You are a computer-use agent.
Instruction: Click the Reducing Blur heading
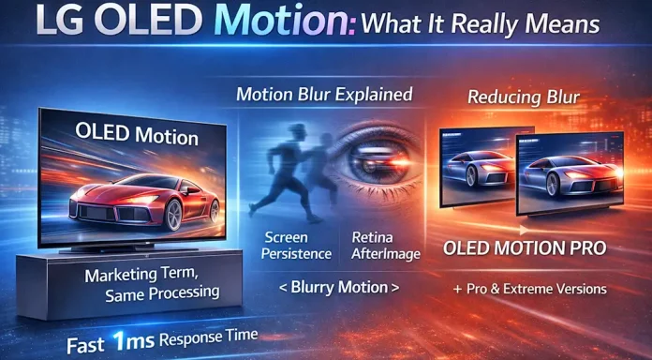525,97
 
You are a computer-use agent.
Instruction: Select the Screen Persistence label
293,246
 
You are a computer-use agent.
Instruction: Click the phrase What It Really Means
496,28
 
